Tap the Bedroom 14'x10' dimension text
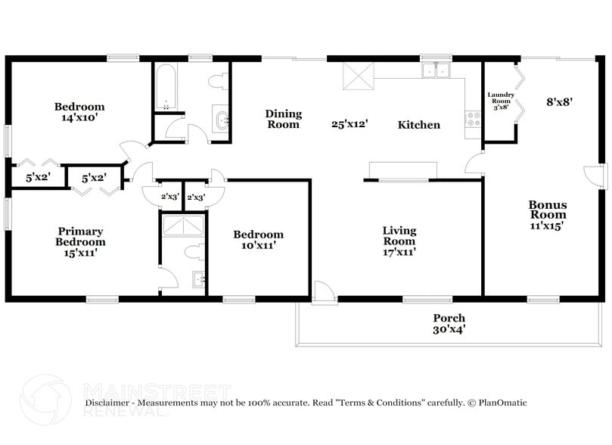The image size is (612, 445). [79, 118]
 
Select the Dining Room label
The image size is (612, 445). [283, 119]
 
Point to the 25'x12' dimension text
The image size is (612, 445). [349, 124]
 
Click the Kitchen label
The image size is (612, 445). [418, 125]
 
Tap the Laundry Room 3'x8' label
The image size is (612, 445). [501, 101]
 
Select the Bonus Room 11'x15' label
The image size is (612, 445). [547, 215]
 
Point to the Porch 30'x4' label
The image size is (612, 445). [449, 323]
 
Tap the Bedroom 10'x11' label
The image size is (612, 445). [258, 240]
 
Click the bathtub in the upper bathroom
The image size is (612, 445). [164, 87]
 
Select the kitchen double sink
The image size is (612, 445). [436, 71]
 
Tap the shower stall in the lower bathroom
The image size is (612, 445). [185, 226]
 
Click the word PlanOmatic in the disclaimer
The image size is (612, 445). [502, 403]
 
